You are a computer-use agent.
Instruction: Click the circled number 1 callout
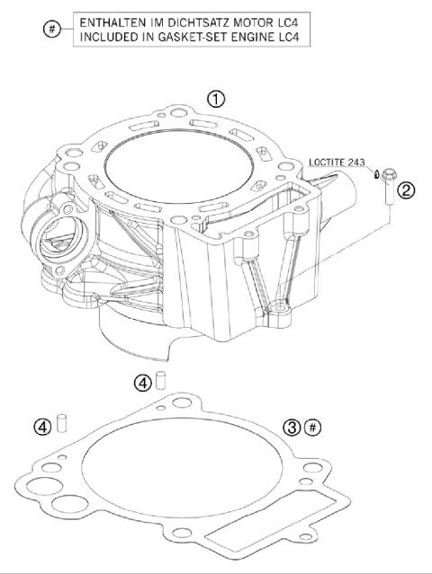(216, 99)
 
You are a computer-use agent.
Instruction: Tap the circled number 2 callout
(407, 190)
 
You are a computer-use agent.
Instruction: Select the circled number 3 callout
(291, 427)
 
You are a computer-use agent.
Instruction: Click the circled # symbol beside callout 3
(312, 427)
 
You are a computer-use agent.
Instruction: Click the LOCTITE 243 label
(337, 163)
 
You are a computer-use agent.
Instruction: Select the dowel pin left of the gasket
(63, 422)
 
